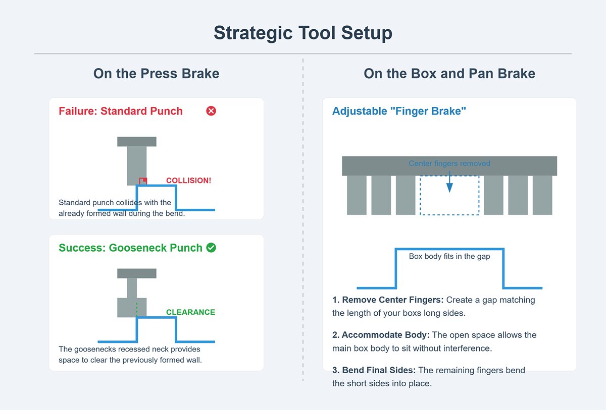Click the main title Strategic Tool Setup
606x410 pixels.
coord(303,33)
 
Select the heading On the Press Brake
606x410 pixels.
coord(156,74)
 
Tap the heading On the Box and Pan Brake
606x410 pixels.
coord(449,74)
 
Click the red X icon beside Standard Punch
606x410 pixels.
coord(212,111)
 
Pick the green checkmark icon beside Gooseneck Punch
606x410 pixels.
coord(212,248)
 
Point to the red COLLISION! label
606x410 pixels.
coord(188,181)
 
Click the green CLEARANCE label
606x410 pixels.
coord(190,312)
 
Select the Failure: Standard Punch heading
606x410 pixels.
coord(121,111)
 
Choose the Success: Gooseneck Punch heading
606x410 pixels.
coord(130,248)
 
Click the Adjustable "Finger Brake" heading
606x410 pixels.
coord(399,111)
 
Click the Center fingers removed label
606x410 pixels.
coord(449,163)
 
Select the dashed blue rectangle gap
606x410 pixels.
coord(449,202)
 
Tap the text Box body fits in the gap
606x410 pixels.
coord(449,256)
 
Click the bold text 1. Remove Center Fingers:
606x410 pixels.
coord(388,300)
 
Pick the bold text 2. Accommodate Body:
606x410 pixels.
coord(381,335)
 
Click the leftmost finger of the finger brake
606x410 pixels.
coord(357,195)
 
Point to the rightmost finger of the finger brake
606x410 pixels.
coord(542,195)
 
